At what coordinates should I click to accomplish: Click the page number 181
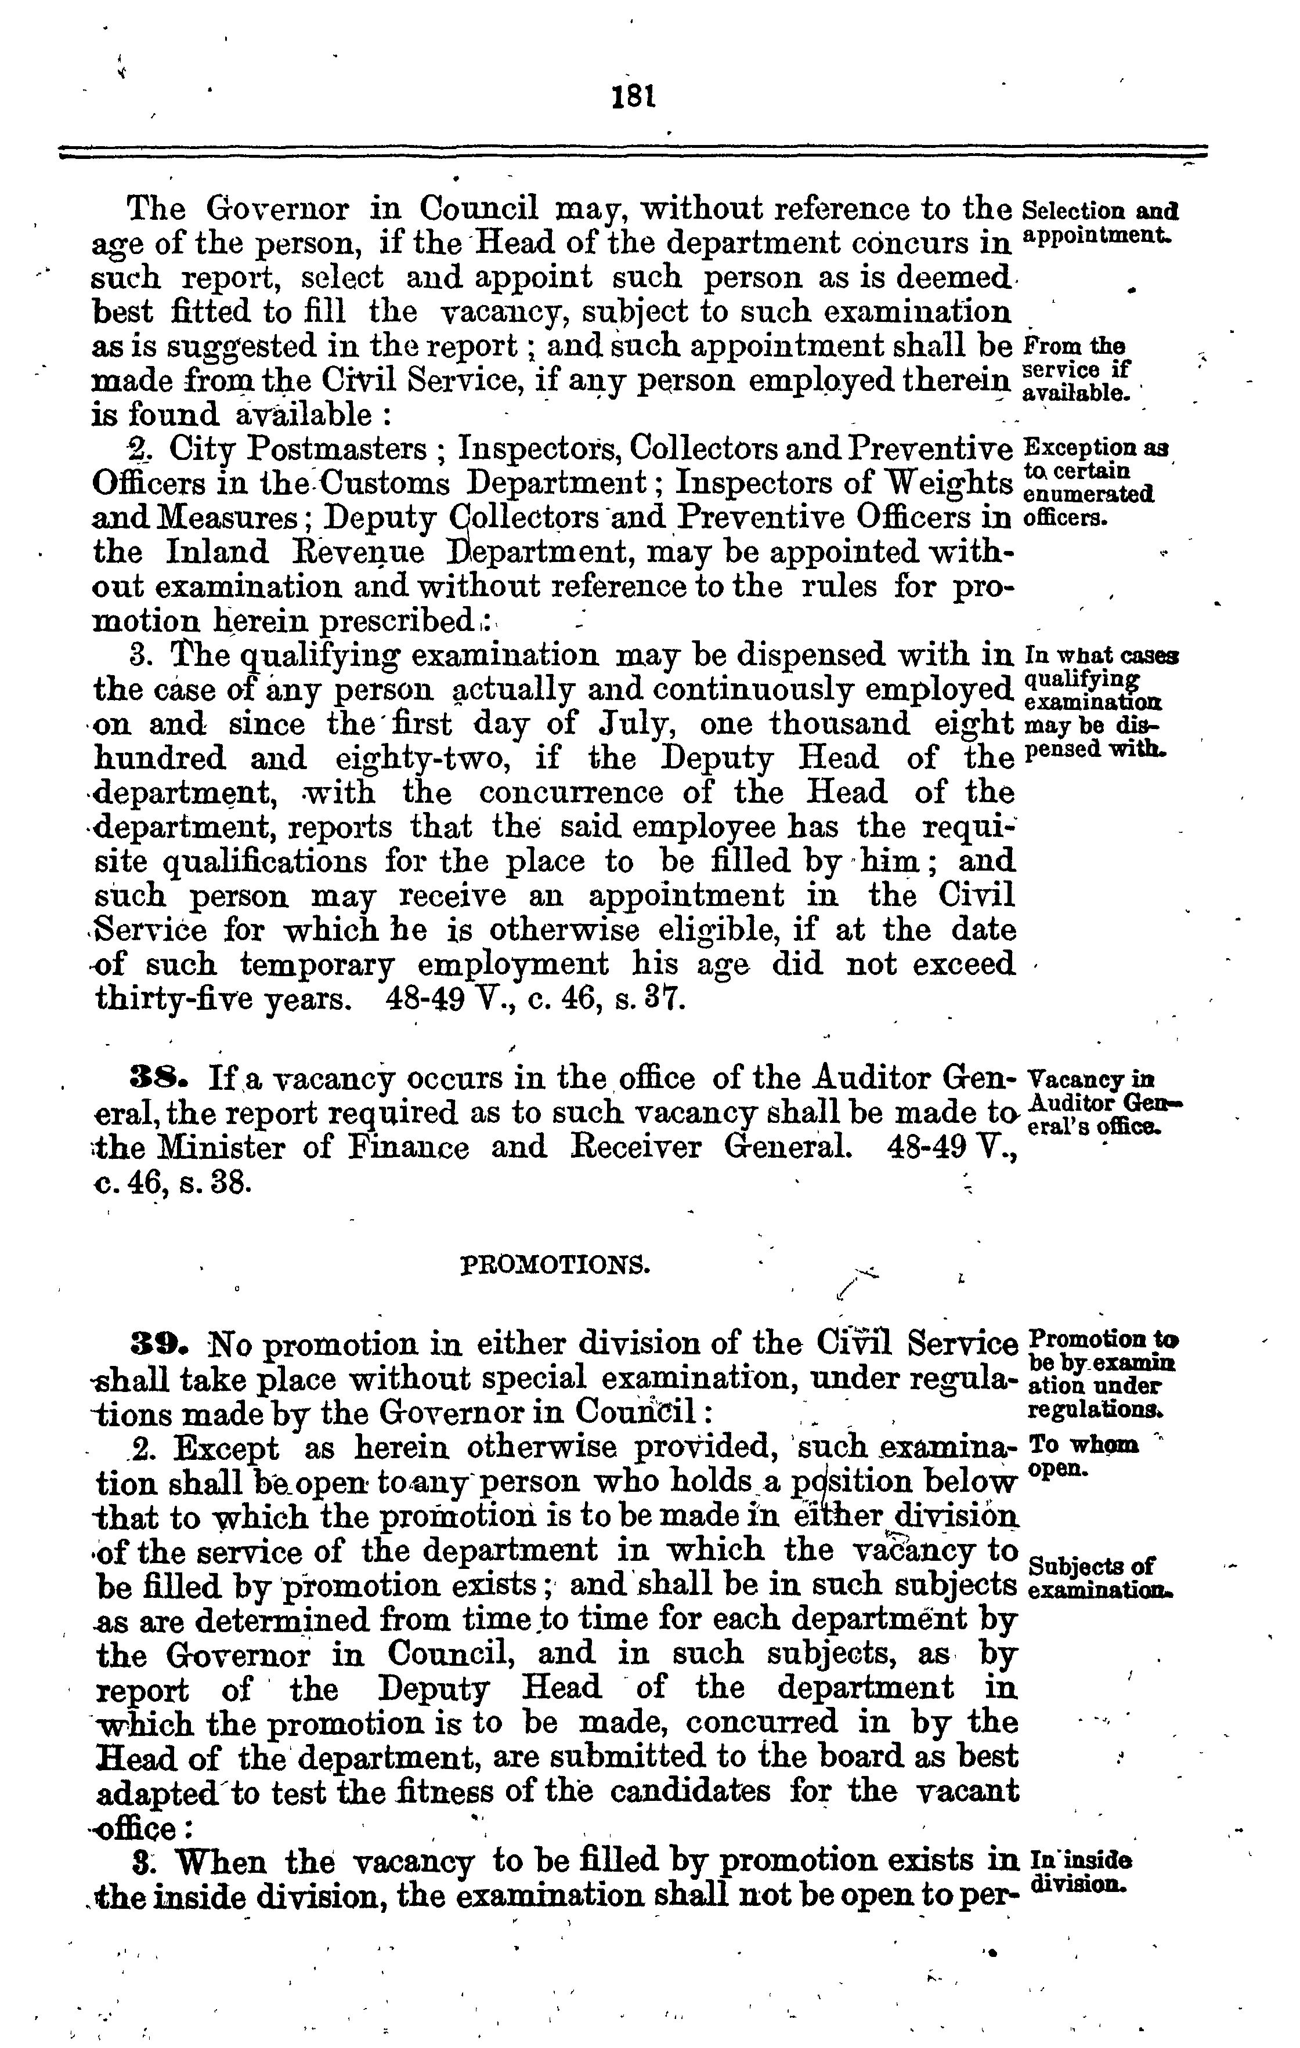point(635,96)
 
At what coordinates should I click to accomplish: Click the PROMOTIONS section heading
point(555,1266)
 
